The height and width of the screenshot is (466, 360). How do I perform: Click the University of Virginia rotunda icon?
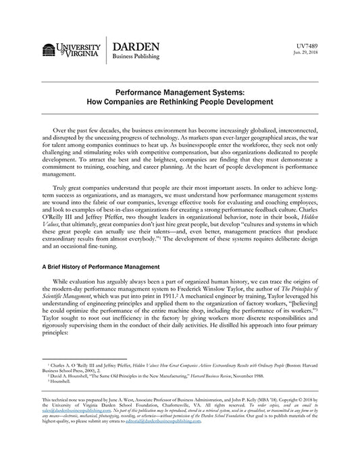point(49,50)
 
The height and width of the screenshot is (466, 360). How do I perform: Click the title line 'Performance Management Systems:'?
point(179,97)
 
